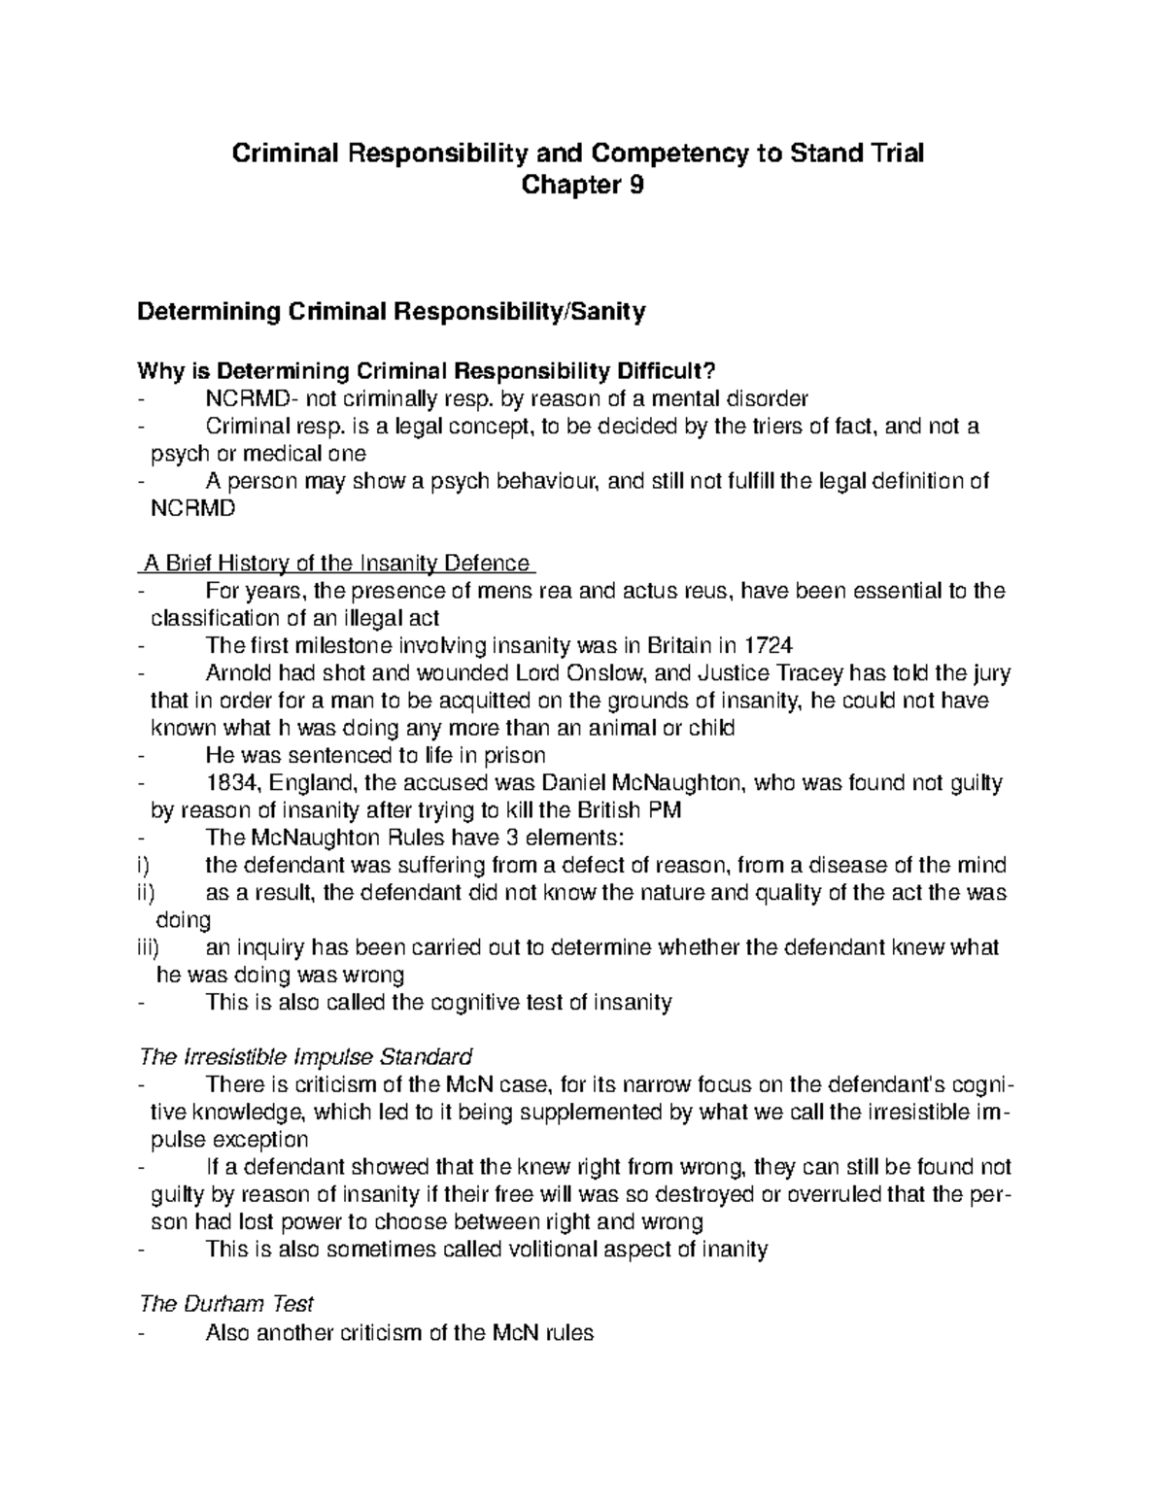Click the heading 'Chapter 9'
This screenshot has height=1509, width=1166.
[x=582, y=186]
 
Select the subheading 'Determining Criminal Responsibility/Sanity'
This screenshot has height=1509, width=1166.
[x=392, y=312]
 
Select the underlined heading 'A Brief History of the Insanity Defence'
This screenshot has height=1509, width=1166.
[x=337, y=564]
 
